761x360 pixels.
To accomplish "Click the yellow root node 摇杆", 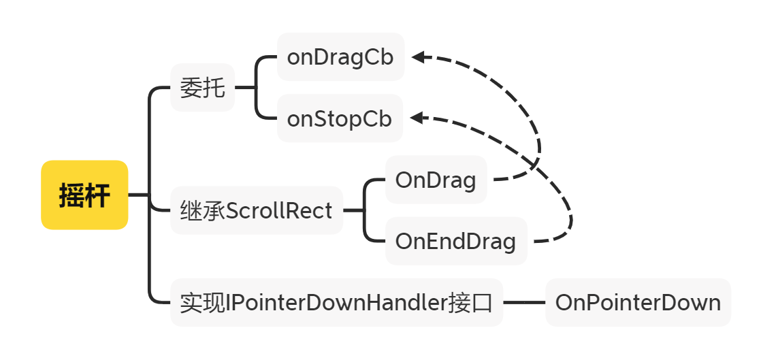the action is [x=84, y=195].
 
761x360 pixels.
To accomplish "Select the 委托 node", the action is [x=202, y=88].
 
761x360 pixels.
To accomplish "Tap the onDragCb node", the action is [x=341, y=56].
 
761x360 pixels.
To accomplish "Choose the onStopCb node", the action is [x=340, y=118].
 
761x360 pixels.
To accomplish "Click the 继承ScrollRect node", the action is [x=257, y=210].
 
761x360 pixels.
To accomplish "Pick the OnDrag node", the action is [x=436, y=180].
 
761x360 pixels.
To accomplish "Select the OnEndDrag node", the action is [x=456, y=241].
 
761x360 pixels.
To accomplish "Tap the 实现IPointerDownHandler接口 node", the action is [x=337, y=302].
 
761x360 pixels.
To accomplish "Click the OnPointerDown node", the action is [x=638, y=302].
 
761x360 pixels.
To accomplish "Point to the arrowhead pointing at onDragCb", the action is [x=418, y=57].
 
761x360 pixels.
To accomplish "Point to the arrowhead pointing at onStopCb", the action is [x=417, y=118].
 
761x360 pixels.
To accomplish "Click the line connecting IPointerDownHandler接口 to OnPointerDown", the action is [x=525, y=302].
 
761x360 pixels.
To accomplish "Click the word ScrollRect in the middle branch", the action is [x=279, y=211].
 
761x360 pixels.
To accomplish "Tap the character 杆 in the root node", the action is [x=97, y=195].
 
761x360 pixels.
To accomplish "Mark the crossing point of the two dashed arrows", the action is [x=535, y=165].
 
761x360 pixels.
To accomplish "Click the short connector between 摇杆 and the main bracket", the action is [x=139, y=195].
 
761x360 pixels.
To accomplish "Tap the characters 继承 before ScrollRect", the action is [x=202, y=211].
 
